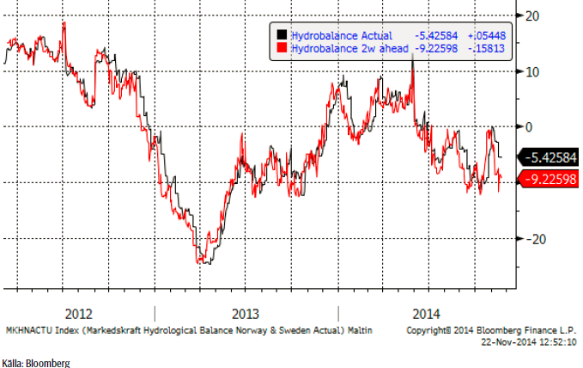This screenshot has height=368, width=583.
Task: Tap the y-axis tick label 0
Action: tap(531, 126)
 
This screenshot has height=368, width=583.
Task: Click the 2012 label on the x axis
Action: tap(78, 313)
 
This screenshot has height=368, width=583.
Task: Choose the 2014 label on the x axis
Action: tap(427, 313)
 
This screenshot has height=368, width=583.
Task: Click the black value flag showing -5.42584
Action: tap(548, 158)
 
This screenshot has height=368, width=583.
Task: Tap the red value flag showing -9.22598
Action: tap(548, 179)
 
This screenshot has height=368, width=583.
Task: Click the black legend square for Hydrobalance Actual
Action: tap(281, 35)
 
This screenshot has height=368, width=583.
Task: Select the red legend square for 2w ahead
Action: tap(281, 49)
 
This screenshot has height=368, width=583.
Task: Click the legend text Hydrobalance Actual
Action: tap(341, 35)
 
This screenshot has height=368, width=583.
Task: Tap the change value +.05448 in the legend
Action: tap(486, 35)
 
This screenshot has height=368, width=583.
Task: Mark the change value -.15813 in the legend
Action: tap(486, 49)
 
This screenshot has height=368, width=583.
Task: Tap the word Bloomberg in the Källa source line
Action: tap(50, 363)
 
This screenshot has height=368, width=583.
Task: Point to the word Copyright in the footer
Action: tap(426, 330)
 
